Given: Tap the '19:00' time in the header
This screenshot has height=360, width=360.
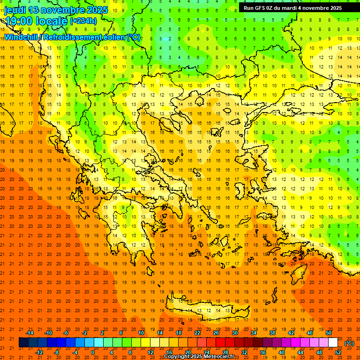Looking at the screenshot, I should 17,21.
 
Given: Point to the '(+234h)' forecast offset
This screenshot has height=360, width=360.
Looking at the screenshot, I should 83,21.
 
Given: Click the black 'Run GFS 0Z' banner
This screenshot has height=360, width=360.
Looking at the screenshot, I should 299,8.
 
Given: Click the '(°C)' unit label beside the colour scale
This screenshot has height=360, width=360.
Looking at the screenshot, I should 349,343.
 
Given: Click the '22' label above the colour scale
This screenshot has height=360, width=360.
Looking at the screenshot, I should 197,333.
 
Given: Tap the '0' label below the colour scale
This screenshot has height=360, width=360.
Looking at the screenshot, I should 92,352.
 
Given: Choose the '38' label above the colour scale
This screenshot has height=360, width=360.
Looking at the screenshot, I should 272,333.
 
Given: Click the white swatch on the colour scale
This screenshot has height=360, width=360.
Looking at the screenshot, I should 333,343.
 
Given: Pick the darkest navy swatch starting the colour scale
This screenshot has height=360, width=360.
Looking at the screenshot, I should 23,343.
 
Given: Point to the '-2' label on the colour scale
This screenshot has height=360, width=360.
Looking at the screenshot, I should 85,333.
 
